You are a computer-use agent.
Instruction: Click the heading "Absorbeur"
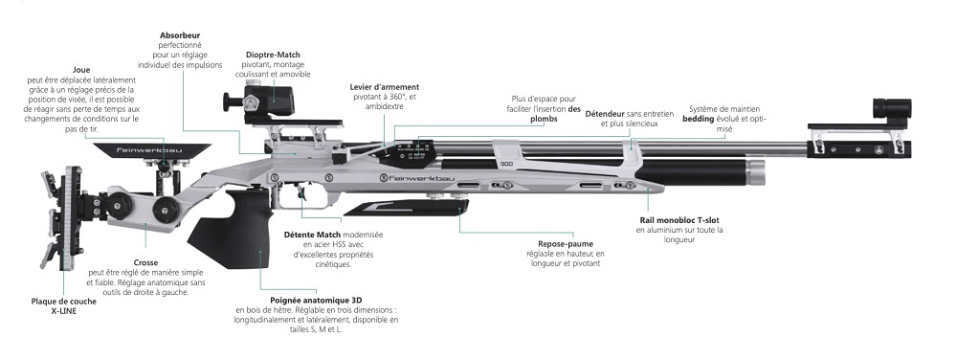coord(180,35)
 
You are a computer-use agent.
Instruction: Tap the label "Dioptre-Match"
coord(273,55)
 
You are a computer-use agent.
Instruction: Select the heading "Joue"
coord(81,70)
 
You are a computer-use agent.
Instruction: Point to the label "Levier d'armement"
coord(385,87)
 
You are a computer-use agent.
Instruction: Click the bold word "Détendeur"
coord(605,114)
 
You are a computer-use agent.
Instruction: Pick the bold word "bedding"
coord(699,120)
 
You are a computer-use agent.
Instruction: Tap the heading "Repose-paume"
coord(566,244)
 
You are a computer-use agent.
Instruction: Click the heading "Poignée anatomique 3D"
coord(316,301)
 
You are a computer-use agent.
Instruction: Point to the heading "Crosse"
coord(145,263)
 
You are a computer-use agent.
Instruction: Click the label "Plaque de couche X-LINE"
coord(55,305)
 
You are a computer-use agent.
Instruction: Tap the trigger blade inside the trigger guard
coord(301,191)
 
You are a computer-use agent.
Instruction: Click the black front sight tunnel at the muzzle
coord(892,108)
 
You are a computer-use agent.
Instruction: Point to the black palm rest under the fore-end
coord(406,208)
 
